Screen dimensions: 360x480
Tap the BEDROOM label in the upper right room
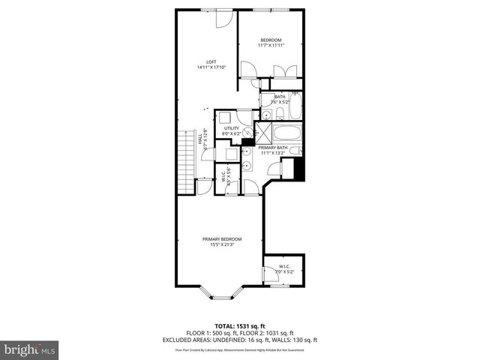(271, 40)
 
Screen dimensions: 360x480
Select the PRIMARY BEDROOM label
(221, 239)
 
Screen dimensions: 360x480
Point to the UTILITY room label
(231, 128)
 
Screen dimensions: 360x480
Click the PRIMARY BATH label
(271, 148)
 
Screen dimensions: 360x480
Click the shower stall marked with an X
(264, 133)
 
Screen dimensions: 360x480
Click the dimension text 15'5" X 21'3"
(221, 244)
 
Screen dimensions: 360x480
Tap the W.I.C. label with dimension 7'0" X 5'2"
(285, 268)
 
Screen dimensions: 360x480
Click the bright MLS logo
(30, 349)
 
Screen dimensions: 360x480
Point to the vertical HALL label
(200, 139)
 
